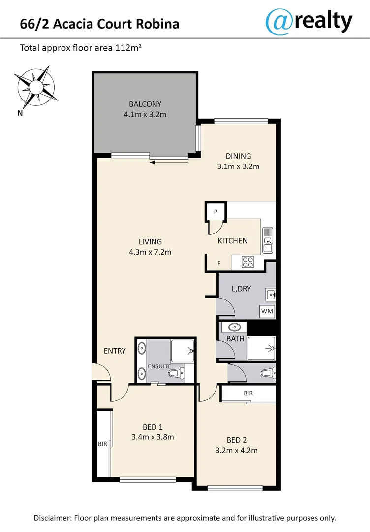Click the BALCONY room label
coord(145,104)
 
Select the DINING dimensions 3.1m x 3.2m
coord(238,166)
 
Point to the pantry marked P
coord(216,212)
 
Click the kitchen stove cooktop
coord(247,263)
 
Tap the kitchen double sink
coord(267,240)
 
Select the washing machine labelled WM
coord(267,312)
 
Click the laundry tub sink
coord(270,295)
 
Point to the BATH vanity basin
coord(234,327)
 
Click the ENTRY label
coord(115,351)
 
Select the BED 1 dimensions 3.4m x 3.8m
coord(153,437)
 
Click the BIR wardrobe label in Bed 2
coord(248,394)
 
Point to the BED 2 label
coord(234,440)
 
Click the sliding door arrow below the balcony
coord(169,161)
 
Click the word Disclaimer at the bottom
coord(53,518)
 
